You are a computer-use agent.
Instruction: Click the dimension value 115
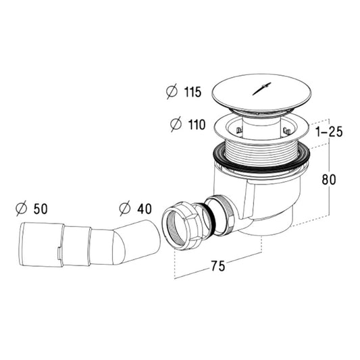[193, 92]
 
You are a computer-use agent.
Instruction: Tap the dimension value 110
[197, 125]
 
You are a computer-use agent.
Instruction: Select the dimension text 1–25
[329, 132]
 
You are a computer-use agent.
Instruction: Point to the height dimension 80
[329, 180]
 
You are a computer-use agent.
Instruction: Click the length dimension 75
[218, 266]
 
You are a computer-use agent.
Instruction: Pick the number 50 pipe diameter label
[41, 209]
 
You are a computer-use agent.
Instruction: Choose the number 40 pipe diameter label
[145, 209]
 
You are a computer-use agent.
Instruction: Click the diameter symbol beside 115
[172, 91]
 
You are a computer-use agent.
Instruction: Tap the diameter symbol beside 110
[176, 124]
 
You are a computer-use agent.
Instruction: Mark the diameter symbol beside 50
[22, 208]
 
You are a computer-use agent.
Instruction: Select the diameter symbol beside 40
[125, 208]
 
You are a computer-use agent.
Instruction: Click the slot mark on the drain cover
[262, 88]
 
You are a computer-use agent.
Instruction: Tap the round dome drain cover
[262, 94]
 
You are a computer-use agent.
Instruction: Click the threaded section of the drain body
[262, 151]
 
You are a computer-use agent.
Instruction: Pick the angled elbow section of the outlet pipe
[138, 242]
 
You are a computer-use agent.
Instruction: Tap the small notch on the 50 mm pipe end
[59, 253]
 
